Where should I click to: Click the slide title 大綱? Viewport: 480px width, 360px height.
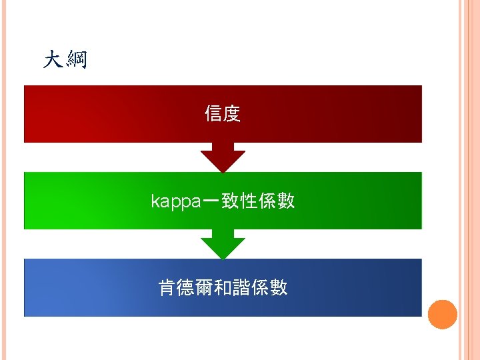coord(65,61)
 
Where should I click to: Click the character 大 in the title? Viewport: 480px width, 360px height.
coord(53,61)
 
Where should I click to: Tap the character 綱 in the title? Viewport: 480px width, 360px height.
coord(76,61)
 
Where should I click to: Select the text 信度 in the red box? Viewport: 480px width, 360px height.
coord(223,114)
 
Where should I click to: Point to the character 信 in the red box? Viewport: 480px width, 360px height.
coord(213,114)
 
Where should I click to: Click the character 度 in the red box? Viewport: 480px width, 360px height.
coord(231,114)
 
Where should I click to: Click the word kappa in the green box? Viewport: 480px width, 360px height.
coord(175,201)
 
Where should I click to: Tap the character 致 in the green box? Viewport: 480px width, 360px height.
coord(231,201)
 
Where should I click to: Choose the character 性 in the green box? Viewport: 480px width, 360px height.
coord(249,201)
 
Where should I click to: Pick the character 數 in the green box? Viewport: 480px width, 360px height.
coord(286,201)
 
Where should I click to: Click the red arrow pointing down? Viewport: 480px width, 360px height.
coord(223,158)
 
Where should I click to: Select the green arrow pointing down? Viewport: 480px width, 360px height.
coord(223,245)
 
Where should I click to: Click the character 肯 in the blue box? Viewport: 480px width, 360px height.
coord(167,287)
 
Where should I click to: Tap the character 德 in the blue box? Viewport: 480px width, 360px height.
coord(185,287)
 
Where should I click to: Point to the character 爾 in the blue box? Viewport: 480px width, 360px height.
coord(204,287)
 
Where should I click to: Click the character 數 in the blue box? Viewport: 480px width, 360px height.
coord(279,287)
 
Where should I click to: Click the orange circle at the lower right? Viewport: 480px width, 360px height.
coord(442,314)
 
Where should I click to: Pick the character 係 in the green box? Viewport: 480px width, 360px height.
coord(267,201)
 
